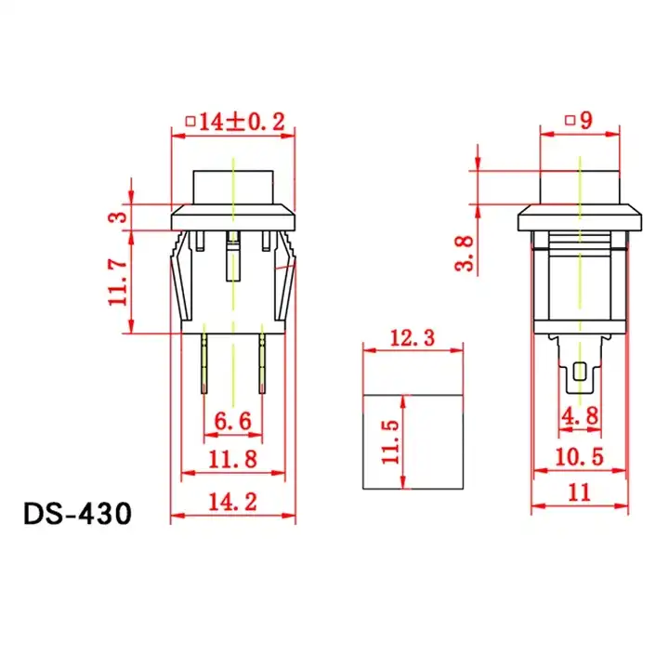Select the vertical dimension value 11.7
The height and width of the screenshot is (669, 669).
117,282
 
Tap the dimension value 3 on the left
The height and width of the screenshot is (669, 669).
117,216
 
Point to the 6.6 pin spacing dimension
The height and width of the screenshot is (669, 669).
232,422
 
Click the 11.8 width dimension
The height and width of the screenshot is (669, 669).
232,459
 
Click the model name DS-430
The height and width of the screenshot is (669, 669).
78,514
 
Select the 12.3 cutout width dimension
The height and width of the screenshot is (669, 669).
411,339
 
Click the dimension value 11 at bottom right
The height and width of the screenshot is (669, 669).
579,493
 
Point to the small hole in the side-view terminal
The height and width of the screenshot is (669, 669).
581,373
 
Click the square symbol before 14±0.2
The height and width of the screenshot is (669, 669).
190,120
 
